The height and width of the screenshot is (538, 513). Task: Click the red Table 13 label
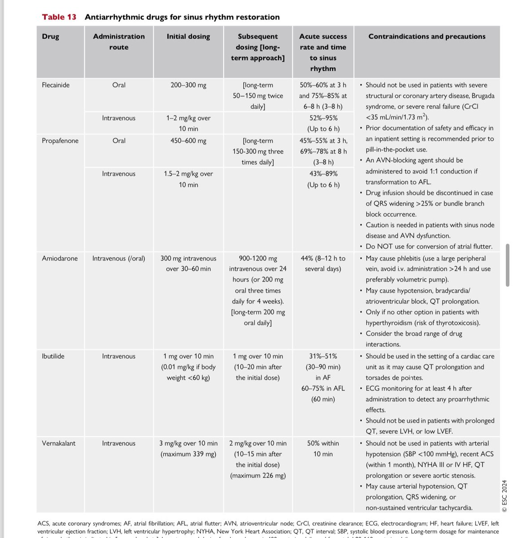point(59,17)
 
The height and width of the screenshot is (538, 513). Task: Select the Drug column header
point(50,36)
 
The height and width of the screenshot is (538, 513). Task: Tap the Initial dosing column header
point(188,36)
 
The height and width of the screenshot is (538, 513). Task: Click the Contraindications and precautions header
point(426,36)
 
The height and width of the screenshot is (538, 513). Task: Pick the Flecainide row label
point(56,85)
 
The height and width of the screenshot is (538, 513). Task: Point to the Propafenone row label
point(60,140)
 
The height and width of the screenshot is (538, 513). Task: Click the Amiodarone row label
point(60,258)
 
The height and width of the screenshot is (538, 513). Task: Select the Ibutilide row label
point(53,356)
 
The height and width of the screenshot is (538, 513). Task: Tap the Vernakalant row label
point(58,443)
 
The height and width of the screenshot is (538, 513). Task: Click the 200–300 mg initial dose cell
point(188,85)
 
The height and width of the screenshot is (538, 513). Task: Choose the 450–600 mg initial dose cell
point(188,140)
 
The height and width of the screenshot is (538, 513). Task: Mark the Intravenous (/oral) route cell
point(119,258)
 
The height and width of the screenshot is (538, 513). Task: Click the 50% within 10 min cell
point(323,448)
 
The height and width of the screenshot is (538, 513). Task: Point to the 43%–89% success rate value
point(323,174)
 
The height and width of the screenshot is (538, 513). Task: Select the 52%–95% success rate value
point(323,118)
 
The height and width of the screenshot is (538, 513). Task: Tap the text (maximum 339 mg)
point(188,454)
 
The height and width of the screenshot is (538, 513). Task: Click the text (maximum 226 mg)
point(258,475)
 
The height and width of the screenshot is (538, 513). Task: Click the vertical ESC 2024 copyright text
point(504,496)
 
